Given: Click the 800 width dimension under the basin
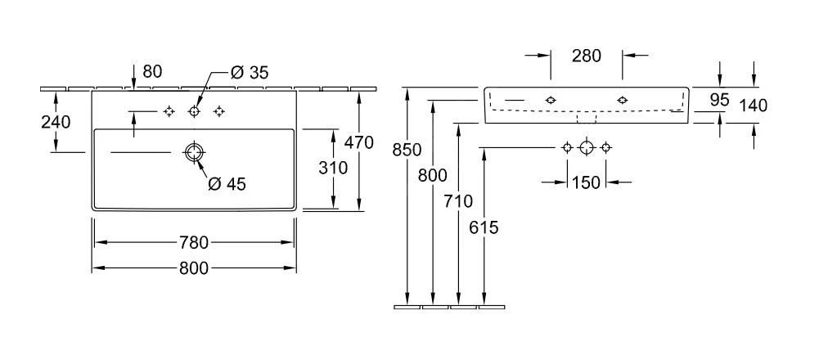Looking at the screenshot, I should point(193,268).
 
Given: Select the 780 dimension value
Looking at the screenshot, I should point(193,243).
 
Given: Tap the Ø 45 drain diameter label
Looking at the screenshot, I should point(227,184).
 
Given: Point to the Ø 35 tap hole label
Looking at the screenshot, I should point(249,73).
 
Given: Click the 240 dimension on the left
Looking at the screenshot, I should point(56,122).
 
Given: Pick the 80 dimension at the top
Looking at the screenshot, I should point(152,72).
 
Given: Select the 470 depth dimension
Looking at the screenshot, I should point(358,142).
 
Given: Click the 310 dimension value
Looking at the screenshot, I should point(332,168).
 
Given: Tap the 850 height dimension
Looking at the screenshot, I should point(407,150).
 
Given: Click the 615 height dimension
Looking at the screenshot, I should point(485,227).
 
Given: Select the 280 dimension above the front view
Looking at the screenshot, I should point(586,56).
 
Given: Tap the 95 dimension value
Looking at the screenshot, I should point(719,100).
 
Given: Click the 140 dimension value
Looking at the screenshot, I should point(754,105).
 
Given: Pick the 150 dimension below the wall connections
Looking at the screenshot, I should point(586,182).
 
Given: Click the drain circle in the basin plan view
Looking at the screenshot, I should point(194,151).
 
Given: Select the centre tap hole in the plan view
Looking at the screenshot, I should point(194,111).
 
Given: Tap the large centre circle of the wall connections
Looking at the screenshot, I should point(586,147).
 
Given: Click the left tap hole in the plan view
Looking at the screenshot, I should point(169,111).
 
